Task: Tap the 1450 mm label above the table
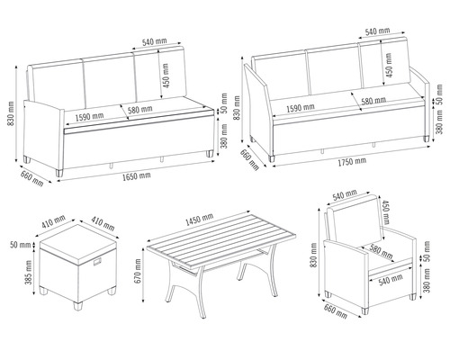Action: [x=198, y=219]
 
